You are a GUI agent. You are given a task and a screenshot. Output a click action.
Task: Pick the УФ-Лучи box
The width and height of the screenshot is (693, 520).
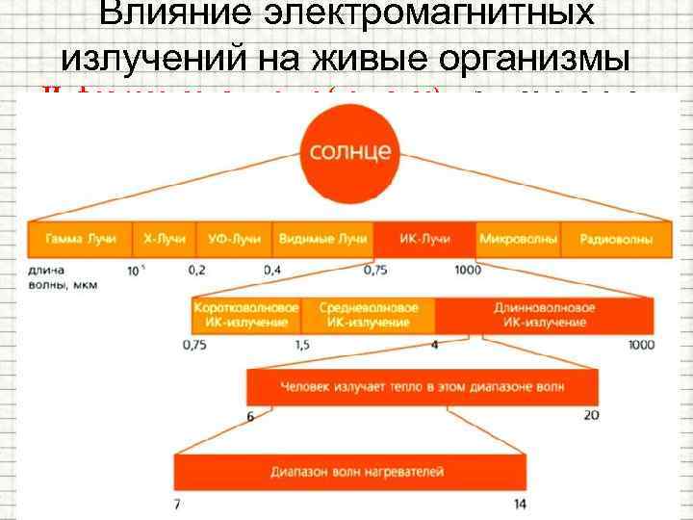click(234, 239)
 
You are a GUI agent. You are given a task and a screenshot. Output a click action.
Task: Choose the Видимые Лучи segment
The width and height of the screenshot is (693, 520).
click(322, 239)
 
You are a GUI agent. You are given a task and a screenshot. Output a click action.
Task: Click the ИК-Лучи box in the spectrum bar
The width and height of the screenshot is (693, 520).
click(423, 239)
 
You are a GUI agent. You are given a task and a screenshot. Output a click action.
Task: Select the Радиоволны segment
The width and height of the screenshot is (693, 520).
click(606, 239)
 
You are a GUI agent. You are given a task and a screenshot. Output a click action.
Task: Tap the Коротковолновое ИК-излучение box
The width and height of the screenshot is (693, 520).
click(247, 315)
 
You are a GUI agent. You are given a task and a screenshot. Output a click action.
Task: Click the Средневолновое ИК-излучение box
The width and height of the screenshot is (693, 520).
click(367, 315)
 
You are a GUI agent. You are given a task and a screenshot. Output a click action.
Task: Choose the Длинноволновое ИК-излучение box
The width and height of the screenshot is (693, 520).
click(544, 315)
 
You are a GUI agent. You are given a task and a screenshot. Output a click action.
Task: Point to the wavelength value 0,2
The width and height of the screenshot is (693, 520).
click(196, 270)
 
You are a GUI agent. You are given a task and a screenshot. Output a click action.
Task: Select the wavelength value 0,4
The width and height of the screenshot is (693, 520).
click(273, 270)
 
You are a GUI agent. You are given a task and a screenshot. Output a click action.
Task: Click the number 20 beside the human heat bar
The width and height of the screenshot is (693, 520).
click(592, 415)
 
